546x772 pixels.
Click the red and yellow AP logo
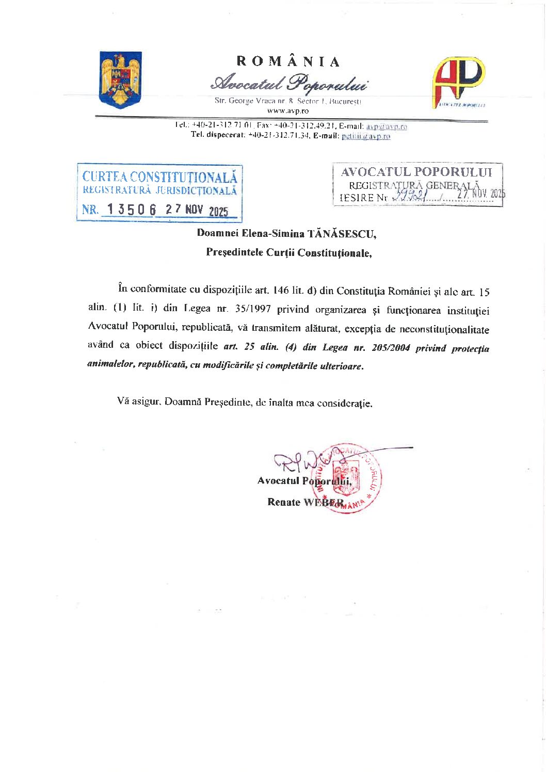click(458, 81)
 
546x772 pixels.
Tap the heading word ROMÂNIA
click(288, 61)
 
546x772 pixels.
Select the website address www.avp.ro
click(288, 110)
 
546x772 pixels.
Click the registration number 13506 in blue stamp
click(132, 210)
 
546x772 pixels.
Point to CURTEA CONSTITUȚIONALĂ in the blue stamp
click(160, 177)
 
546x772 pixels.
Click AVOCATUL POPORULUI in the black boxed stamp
click(416, 172)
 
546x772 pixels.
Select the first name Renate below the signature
click(283, 502)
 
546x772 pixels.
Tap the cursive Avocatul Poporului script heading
click(289, 83)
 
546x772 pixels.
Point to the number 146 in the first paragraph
click(281, 291)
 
